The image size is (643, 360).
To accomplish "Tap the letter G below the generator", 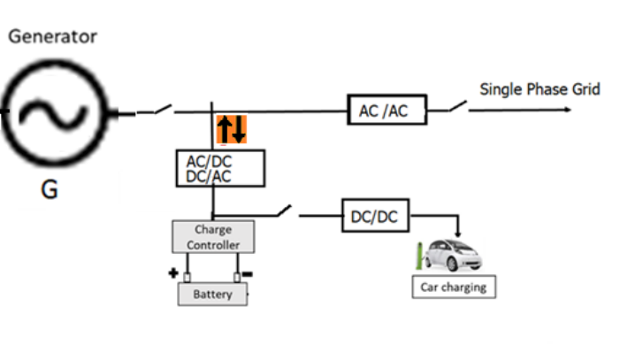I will pyautogui.click(x=50, y=188).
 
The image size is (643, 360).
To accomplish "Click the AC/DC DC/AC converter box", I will pyautogui.click(x=220, y=168).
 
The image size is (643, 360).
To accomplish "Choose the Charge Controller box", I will pyautogui.click(x=212, y=236).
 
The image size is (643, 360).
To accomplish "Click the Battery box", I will pyautogui.click(x=212, y=294).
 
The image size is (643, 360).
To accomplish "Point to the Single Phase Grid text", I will pyautogui.click(x=540, y=89).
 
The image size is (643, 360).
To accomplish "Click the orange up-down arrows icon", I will pyautogui.click(x=232, y=129).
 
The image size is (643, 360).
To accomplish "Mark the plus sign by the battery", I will pyautogui.click(x=173, y=272).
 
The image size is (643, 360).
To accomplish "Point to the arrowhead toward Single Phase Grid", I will pyautogui.click(x=565, y=111).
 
